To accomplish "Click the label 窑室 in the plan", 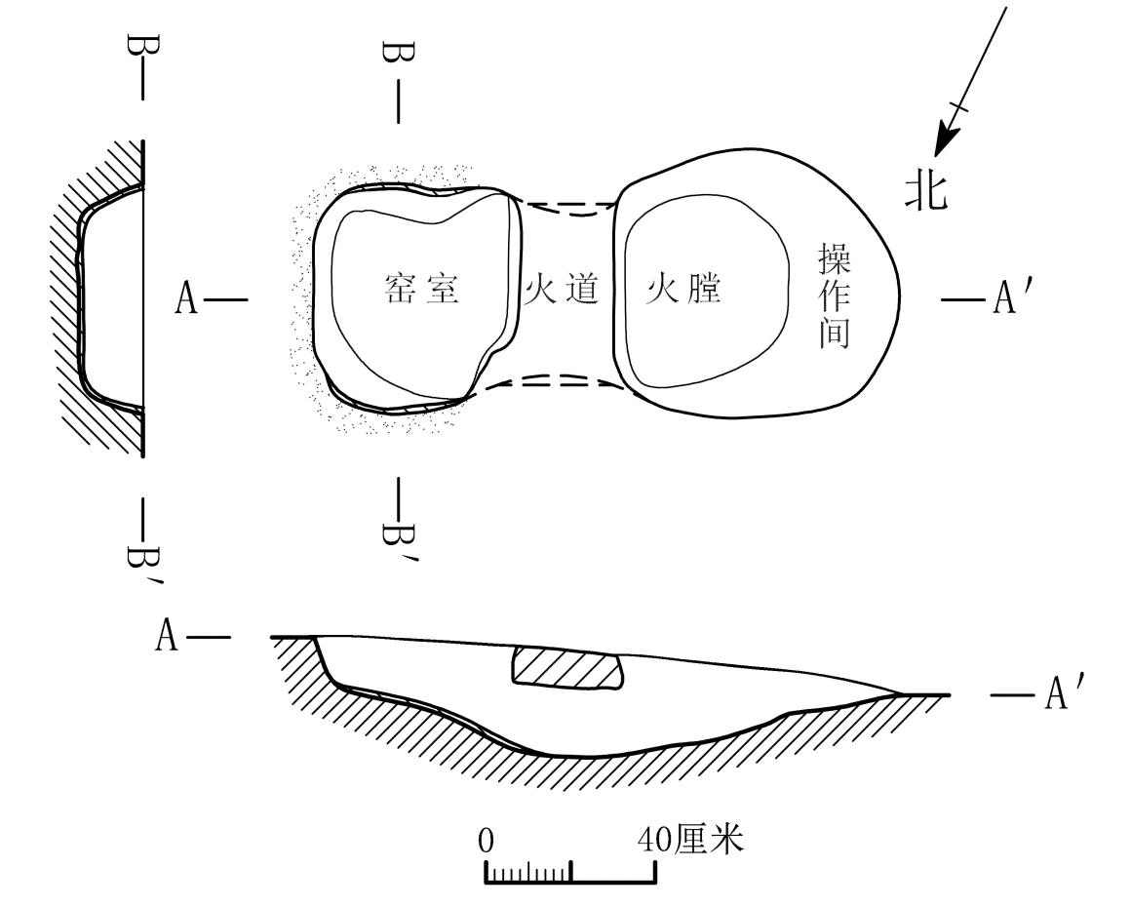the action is [x=422, y=289].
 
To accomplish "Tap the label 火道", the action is [x=562, y=289].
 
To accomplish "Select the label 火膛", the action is [x=683, y=289].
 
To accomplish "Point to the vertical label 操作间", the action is [x=834, y=296].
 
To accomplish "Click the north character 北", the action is [x=926, y=192].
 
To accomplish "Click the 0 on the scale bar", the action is [x=487, y=841].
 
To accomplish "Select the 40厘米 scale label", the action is [x=690, y=840].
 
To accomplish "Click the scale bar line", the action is [x=570, y=881].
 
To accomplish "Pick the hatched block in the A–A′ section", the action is [x=566, y=667].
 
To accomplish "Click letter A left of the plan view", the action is [x=186, y=298].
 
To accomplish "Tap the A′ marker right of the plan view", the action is [x=1005, y=297].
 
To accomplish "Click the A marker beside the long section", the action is [x=167, y=637].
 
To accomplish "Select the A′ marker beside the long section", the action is [x=1058, y=693].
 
